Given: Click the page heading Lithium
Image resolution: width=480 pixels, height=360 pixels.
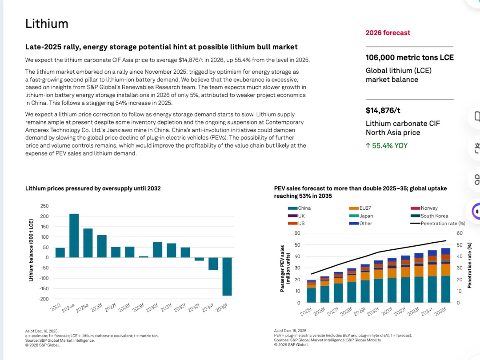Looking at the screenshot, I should [47, 24].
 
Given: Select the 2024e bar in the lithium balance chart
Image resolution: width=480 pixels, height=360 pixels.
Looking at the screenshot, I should [74, 236].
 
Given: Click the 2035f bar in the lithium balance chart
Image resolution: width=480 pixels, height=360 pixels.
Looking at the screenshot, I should [227, 276].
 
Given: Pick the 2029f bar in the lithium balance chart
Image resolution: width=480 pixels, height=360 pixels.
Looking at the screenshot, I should [144, 256].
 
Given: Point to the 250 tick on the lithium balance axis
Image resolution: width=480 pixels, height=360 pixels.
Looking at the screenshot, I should [44, 206].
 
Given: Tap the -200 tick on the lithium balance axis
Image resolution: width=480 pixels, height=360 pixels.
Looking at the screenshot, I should [43, 299].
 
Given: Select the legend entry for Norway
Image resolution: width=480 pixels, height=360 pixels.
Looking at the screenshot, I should [428, 208].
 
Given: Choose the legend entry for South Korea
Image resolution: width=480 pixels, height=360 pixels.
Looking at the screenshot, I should [434, 216].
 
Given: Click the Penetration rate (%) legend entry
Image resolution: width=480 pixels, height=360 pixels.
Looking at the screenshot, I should [442, 223].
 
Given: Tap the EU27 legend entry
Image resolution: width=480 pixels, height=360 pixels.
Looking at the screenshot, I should [365, 208].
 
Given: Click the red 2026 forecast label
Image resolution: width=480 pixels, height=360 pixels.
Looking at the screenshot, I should [388, 33].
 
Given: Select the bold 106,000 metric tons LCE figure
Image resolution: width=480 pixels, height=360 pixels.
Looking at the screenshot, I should [409, 57].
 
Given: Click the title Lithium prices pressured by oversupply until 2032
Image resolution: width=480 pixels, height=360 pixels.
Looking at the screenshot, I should [93, 188].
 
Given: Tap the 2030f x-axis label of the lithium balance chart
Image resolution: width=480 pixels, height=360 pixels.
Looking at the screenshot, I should [152, 307].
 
